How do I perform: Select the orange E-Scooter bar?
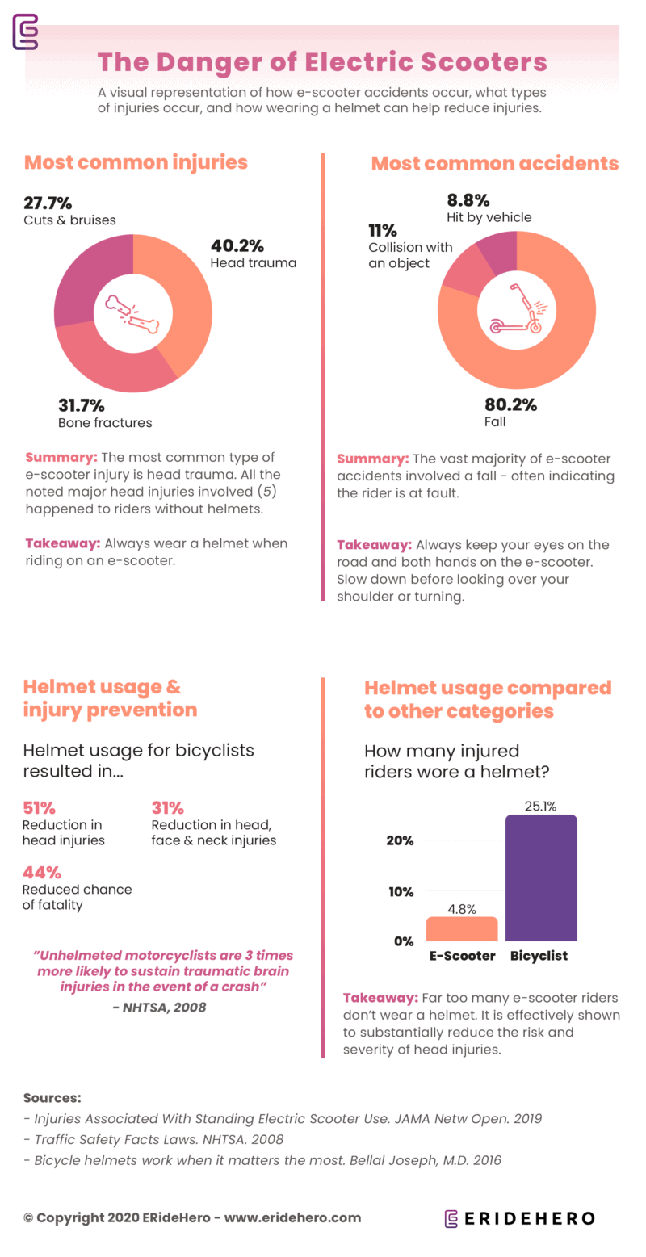[461, 929]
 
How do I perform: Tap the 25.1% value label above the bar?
[540, 805]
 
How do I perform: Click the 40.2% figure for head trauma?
[237, 245]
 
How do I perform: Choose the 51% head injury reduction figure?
[38, 807]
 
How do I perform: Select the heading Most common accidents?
[494, 164]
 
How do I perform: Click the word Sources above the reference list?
[52, 1098]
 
